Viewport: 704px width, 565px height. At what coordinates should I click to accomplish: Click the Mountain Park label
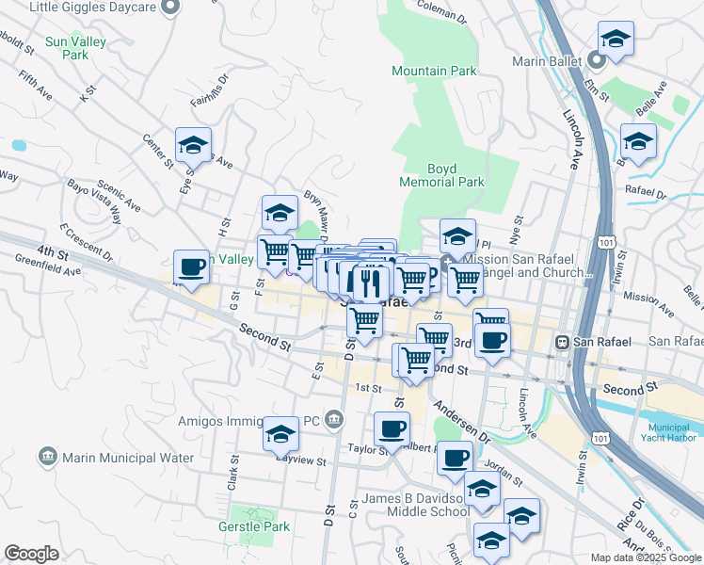[434, 71]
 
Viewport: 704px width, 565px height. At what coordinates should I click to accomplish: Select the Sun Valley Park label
[75, 49]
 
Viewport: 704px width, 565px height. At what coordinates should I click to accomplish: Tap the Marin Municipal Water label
[128, 458]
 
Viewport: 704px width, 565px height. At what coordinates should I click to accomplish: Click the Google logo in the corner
[30, 554]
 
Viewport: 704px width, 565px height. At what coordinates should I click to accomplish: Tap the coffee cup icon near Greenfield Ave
[192, 266]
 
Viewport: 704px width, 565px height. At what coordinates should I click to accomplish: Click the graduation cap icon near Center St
[193, 145]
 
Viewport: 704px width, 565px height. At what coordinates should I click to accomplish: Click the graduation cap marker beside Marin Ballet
[616, 39]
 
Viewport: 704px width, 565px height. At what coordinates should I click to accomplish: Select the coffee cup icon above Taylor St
[392, 428]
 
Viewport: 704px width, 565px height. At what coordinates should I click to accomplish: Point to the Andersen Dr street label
[462, 423]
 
